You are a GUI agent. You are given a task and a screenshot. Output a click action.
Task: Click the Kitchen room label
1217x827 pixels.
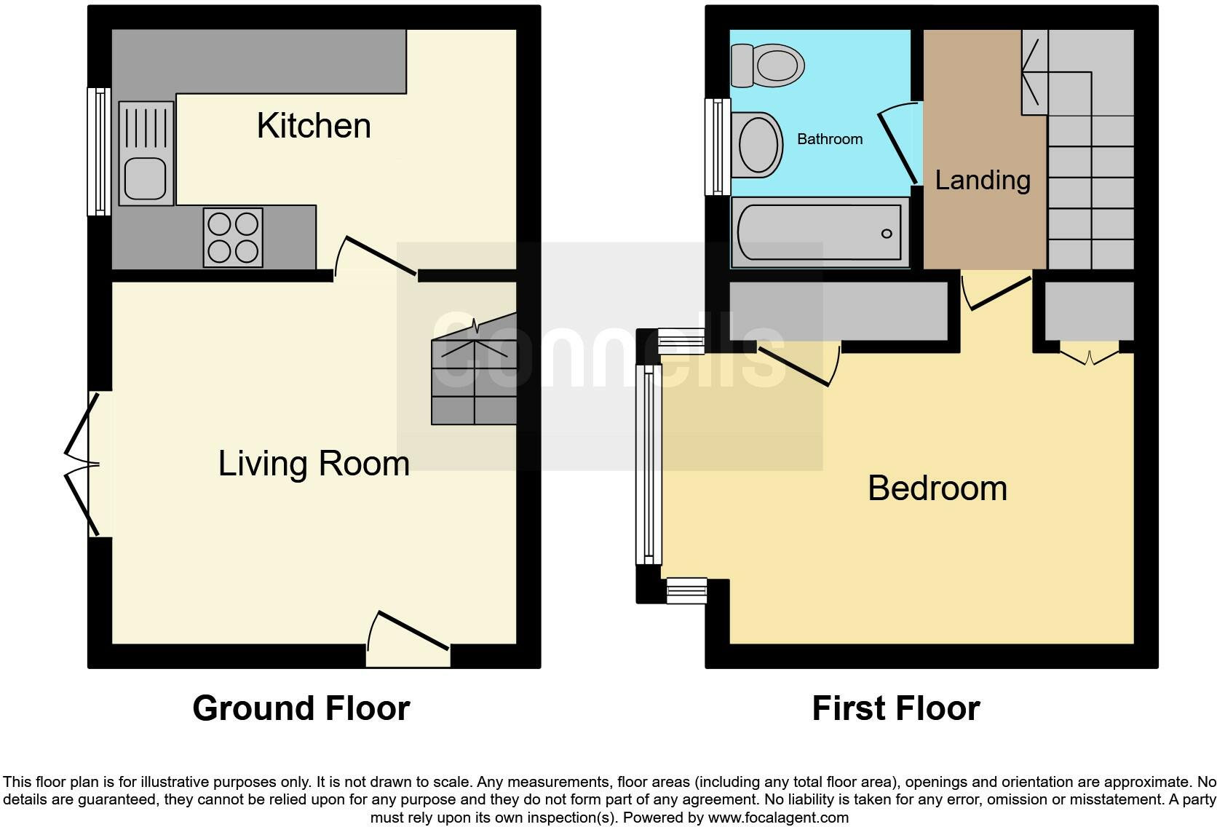point(314,126)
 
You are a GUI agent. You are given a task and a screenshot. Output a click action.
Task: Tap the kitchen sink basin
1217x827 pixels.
point(146,179)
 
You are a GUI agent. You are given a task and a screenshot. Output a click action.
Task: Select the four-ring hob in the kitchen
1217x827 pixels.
point(233,237)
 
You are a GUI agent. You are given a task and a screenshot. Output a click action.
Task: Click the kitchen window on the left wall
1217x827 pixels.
point(98,151)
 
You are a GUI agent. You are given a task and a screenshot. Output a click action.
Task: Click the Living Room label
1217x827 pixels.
point(314,464)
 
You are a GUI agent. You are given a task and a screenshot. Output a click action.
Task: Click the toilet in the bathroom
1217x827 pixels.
point(769,65)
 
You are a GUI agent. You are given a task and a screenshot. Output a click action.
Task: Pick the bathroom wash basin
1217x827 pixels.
point(757,145)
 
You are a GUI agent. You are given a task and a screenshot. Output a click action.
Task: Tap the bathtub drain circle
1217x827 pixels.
point(886,234)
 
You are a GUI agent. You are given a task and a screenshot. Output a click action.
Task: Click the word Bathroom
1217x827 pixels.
point(830,139)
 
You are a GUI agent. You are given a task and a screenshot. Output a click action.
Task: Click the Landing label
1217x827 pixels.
point(983,180)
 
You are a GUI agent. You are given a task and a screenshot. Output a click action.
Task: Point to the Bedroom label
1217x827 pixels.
point(937,488)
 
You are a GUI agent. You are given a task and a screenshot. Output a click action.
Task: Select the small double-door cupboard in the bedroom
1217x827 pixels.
point(1089,357)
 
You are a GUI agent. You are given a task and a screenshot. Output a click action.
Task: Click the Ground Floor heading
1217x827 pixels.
point(301,708)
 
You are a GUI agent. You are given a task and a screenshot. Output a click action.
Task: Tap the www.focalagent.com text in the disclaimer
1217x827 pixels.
point(778,818)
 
